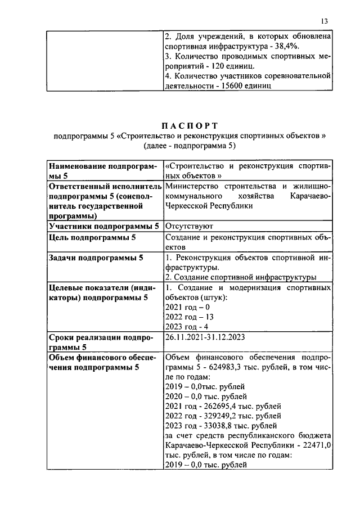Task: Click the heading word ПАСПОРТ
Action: tap(190, 125)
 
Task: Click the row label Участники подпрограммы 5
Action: tap(103, 227)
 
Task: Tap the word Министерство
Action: tap(193, 186)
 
